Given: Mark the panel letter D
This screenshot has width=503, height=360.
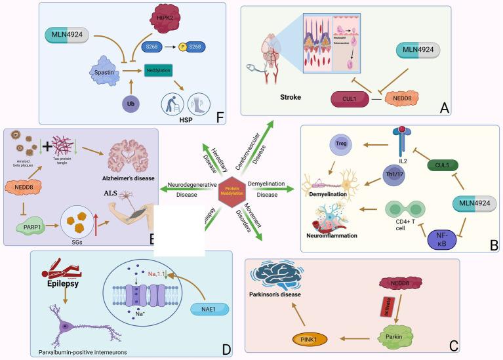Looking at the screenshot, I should click(226, 350).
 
